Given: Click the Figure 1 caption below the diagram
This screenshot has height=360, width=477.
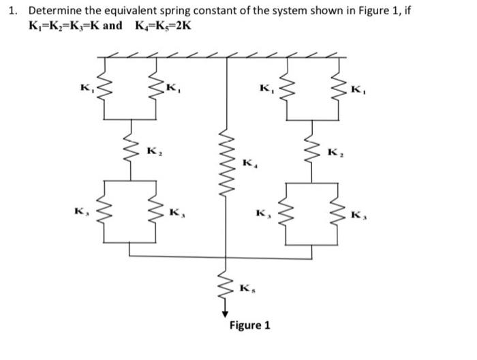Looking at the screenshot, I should pyautogui.click(x=249, y=325).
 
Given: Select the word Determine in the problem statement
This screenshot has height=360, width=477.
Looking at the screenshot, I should pyautogui.click(x=55, y=11).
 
